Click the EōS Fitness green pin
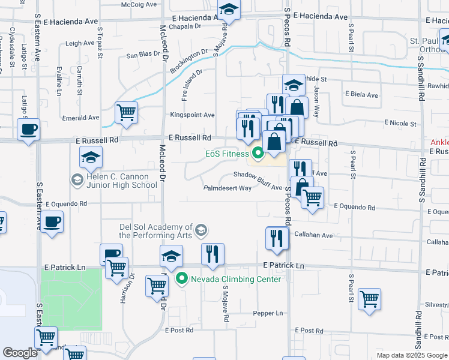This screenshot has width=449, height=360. click(x=258, y=154)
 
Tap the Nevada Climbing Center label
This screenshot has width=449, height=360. click(x=235, y=279)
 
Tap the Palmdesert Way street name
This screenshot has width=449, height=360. click(x=228, y=188)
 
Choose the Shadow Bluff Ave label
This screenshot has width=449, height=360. click(x=258, y=175)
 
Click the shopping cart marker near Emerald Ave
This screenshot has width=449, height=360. click(x=126, y=113)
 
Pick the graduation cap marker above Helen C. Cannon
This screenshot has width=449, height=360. click(x=91, y=158)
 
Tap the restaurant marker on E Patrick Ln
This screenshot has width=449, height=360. click(x=212, y=254)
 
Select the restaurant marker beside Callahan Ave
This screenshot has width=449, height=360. click(x=277, y=238)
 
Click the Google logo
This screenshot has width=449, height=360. click(x=20, y=353)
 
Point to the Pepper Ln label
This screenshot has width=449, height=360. click(x=268, y=313)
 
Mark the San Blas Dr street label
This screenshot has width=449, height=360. click(x=143, y=55)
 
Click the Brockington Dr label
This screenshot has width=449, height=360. click(x=184, y=62)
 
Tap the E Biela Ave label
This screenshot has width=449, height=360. click(x=361, y=95)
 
